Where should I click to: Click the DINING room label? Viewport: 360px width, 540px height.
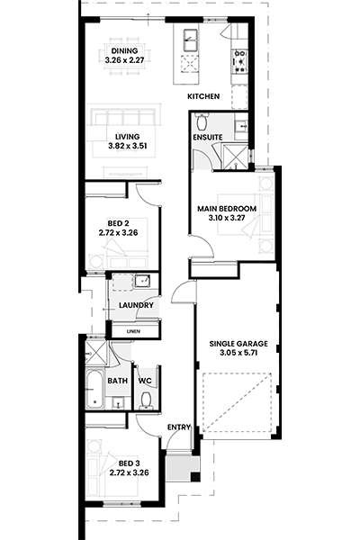pos(124,51)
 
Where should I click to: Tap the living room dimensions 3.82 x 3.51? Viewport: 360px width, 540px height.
pos(128,146)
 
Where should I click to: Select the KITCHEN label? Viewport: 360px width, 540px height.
pos(203,96)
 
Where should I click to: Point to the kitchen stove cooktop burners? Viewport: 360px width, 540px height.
pos(239,62)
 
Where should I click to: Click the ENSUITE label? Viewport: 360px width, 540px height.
pos(207,137)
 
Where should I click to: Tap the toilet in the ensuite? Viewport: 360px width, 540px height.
pos(201,121)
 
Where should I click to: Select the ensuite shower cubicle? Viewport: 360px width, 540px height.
pos(236,157)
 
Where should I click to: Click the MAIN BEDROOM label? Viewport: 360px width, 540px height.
pos(227,209)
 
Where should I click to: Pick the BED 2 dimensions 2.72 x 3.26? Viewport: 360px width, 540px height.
pos(118,233)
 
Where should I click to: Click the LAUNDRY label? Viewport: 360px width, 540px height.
pos(136,305)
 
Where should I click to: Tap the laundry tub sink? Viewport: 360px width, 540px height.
pos(142,281)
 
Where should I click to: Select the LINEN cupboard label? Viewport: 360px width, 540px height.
pos(133,331)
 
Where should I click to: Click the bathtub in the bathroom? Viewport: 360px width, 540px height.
pos(94,389)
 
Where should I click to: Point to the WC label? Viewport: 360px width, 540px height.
pos(145,381)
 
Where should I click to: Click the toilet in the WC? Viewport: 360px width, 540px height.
pos(147,400)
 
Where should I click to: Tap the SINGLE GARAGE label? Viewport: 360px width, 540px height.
pos(238,344)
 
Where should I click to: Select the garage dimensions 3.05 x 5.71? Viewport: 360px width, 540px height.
pos(238,353)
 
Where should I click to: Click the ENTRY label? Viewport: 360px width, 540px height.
pos(179,427)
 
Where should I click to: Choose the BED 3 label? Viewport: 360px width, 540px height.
pos(130,463)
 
